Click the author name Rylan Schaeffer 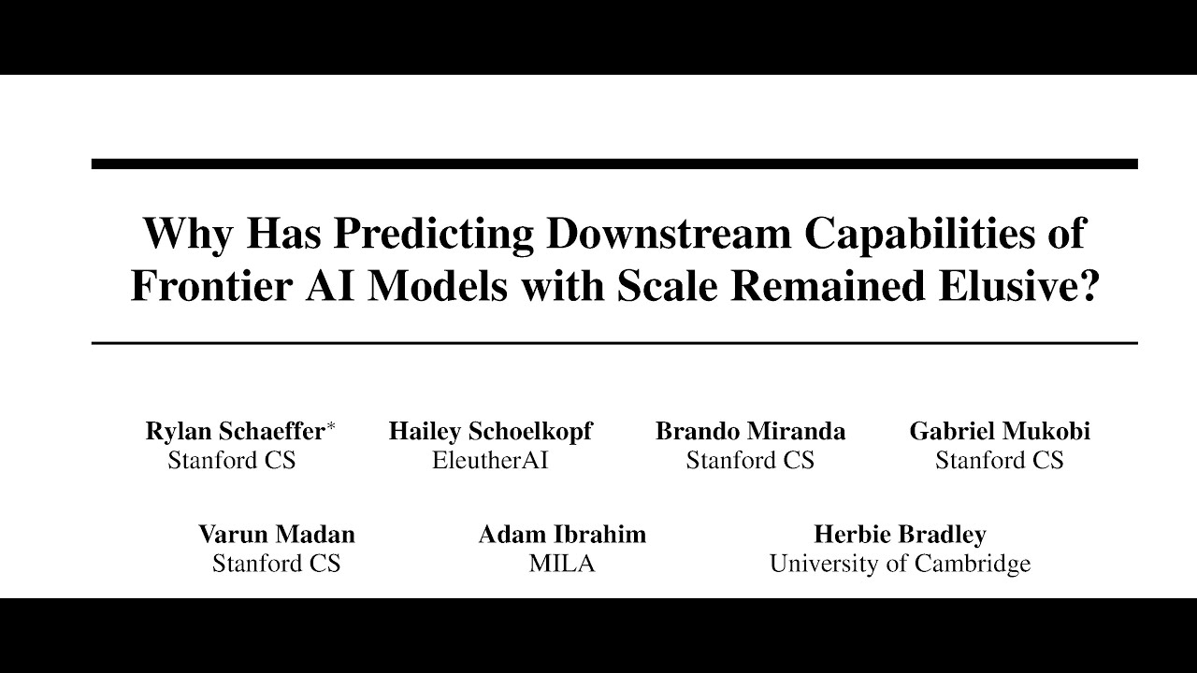pos(235,431)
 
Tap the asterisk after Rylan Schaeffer pos(330,427)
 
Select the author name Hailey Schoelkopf pos(490,431)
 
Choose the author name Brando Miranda pos(750,431)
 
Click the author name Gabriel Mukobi pos(1000,431)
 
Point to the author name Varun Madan pos(276,534)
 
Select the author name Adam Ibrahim pos(562,534)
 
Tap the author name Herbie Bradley pos(900,534)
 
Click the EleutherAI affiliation pos(490,461)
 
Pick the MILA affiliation pos(562,564)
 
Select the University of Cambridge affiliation pos(900,564)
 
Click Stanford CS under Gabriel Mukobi pos(1000,461)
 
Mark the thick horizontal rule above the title pos(614,165)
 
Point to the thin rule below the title pos(614,343)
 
